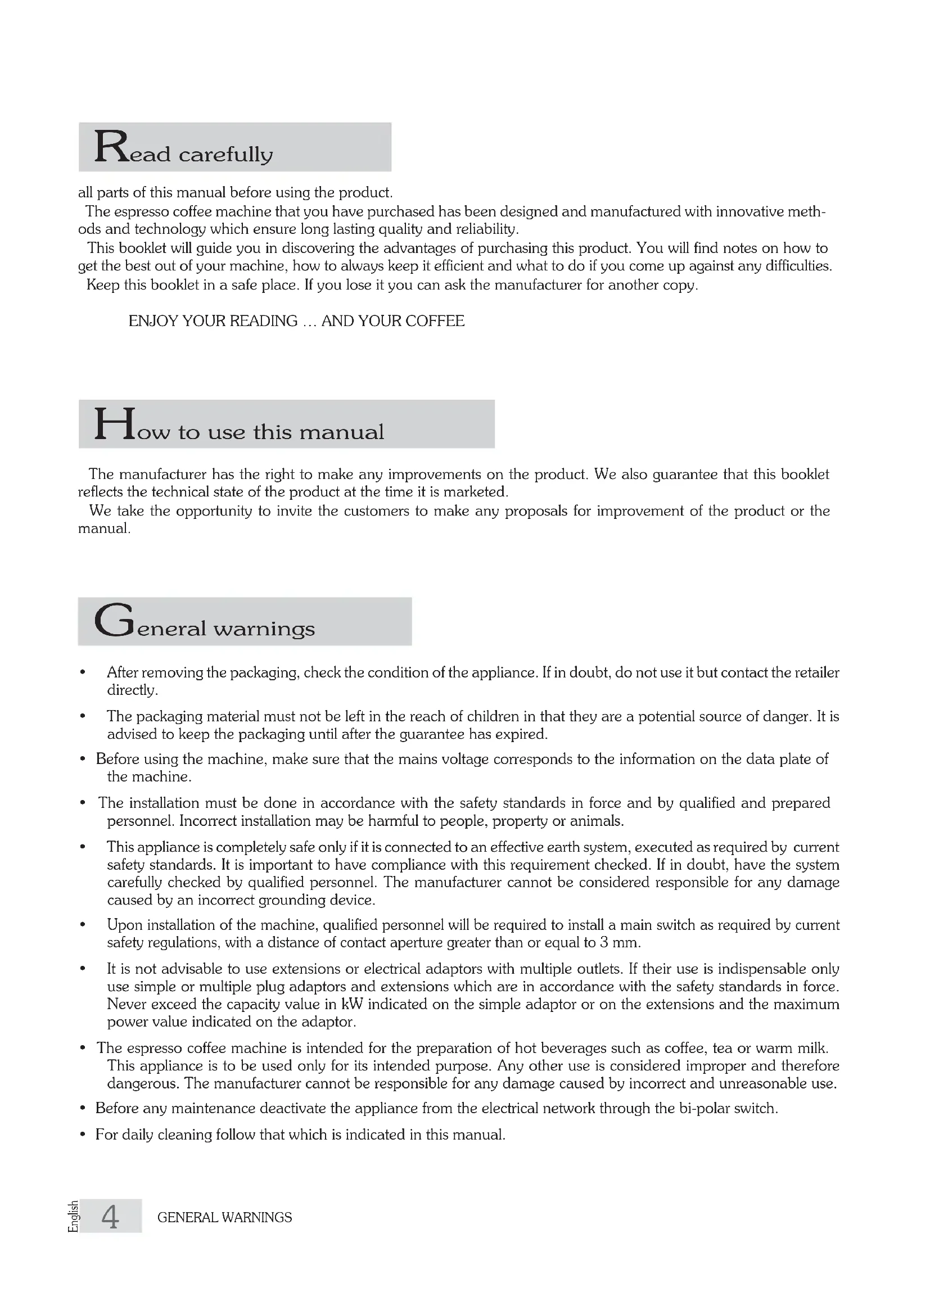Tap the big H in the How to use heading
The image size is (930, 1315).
click(115, 424)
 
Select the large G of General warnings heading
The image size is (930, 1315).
click(114, 621)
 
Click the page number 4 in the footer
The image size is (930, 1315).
click(111, 1218)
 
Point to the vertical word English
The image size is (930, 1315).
click(73, 1217)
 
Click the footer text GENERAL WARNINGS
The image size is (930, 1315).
click(224, 1218)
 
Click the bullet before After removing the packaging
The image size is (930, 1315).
click(84, 672)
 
